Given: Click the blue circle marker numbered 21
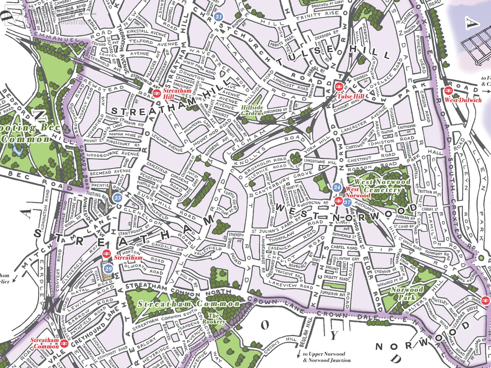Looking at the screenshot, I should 219,17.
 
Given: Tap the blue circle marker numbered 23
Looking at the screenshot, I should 117,198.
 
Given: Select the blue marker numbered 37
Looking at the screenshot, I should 347,202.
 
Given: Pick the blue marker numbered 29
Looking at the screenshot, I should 109,269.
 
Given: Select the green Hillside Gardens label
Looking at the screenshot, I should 252,110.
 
